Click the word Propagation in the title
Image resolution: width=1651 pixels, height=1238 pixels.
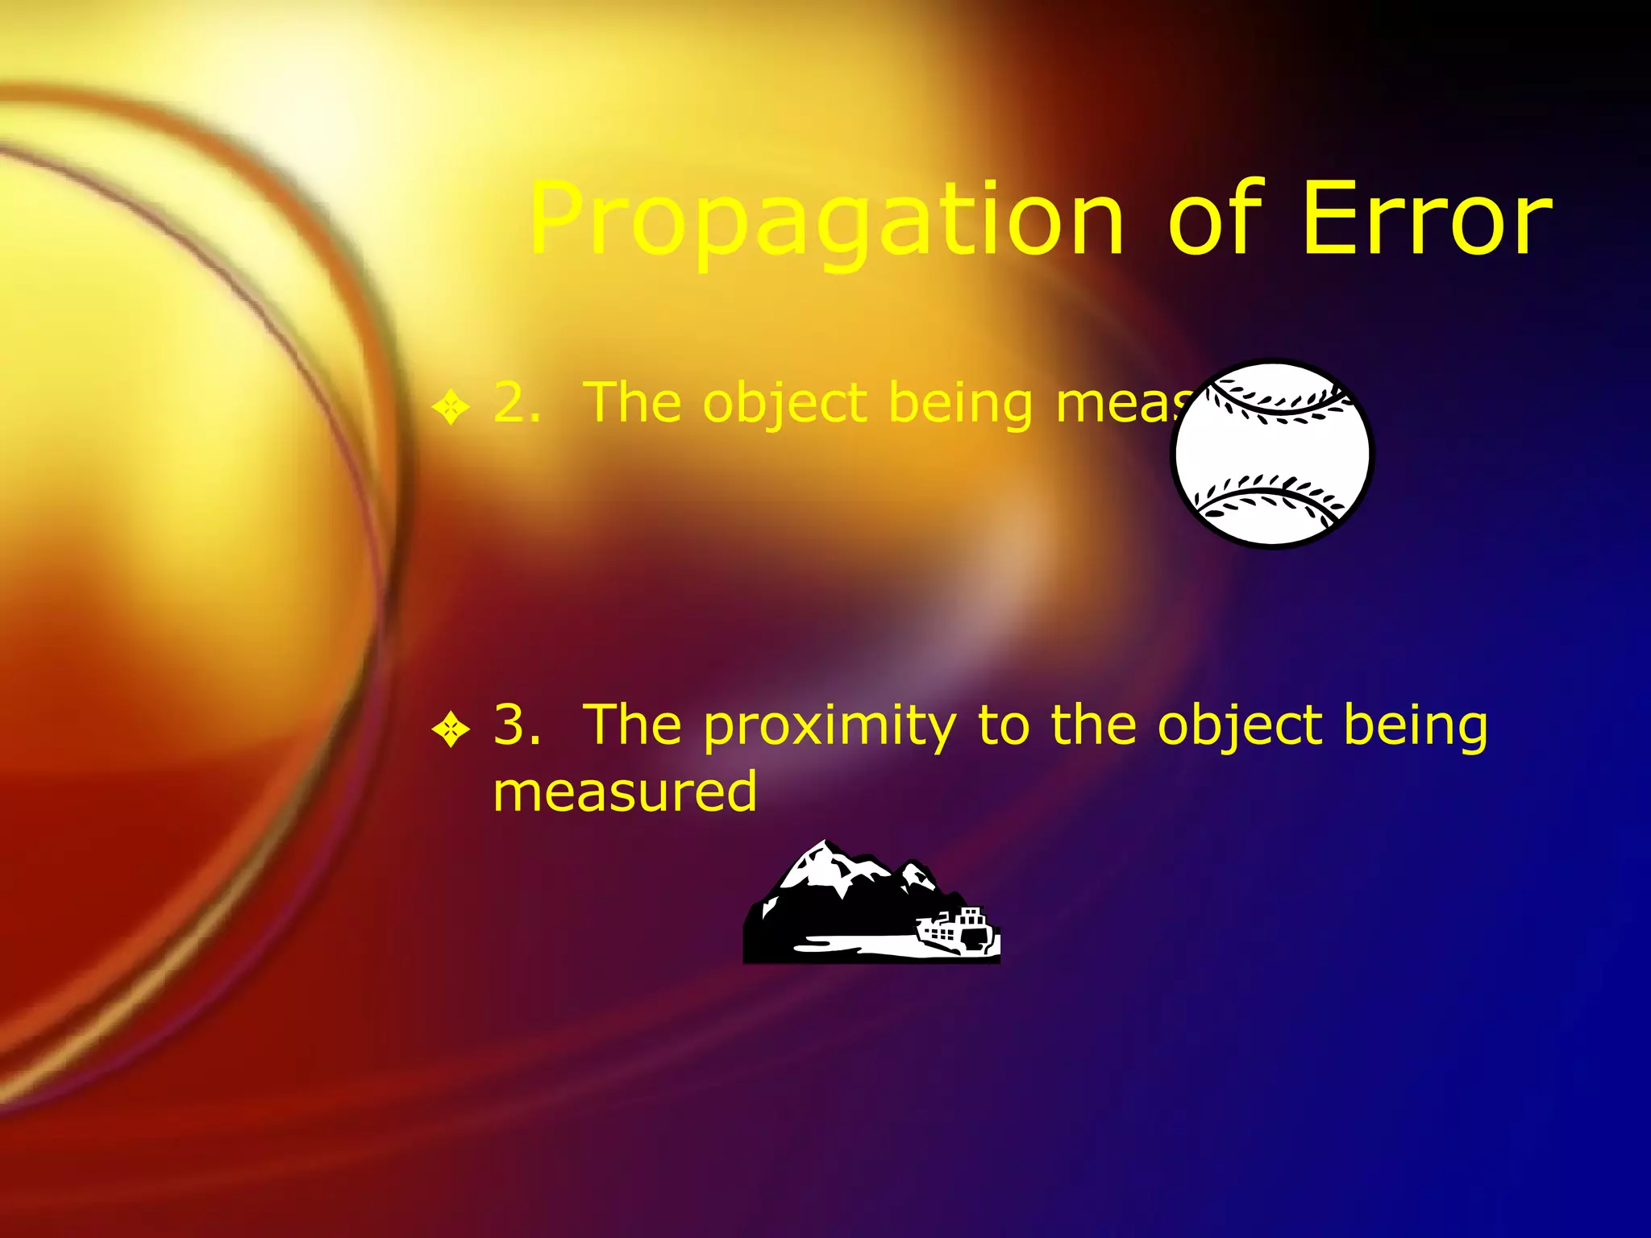825,222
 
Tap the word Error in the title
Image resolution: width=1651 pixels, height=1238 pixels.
1427,219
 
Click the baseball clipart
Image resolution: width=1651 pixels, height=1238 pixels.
1271,454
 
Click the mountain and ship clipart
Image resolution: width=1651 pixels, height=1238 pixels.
871,903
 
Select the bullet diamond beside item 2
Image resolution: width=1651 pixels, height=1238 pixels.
450,406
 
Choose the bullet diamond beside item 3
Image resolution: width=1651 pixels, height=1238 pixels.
450,729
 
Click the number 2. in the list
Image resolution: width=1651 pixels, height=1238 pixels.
517,402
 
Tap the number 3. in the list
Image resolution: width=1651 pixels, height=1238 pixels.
517,725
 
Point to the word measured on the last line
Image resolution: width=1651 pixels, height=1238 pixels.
625,792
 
